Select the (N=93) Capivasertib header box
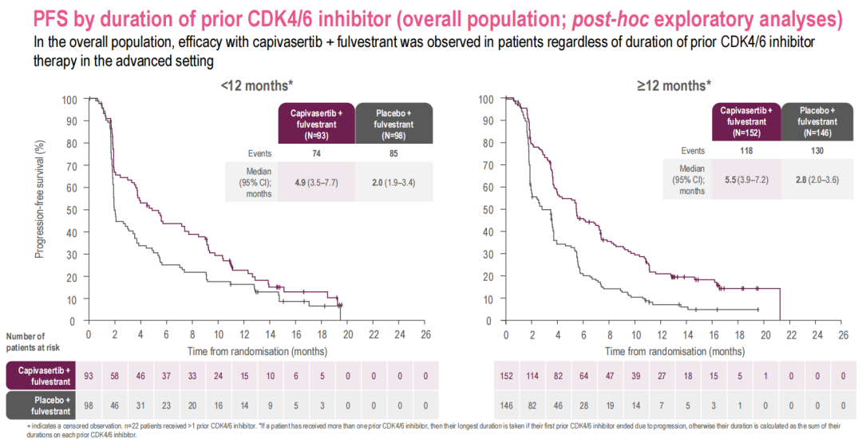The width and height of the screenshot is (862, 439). (x=316, y=124)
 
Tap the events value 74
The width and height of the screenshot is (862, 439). (x=315, y=152)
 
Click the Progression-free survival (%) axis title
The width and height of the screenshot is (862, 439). (x=39, y=199)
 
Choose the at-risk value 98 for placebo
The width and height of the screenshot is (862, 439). (x=89, y=405)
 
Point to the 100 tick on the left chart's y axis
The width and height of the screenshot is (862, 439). (x=71, y=100)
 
